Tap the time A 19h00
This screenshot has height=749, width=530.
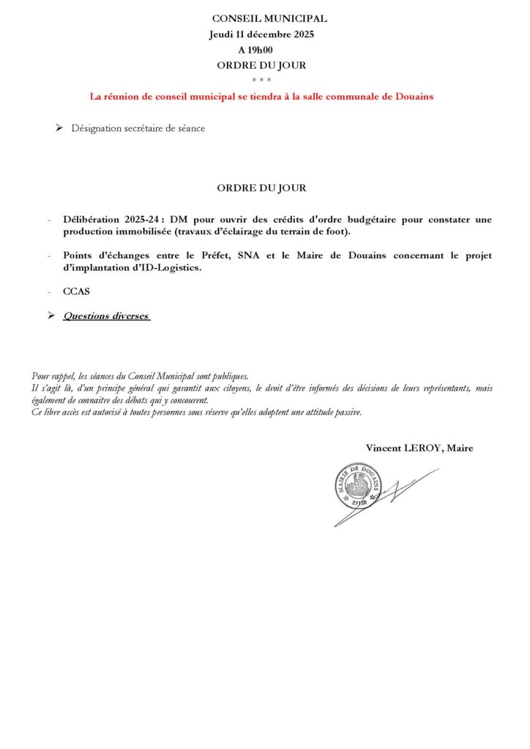coord(255,50)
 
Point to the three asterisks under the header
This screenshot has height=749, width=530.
coord(261,80)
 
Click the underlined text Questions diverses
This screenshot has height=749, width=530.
coord(106,316)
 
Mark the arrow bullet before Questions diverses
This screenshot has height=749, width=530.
coord(51,316)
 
